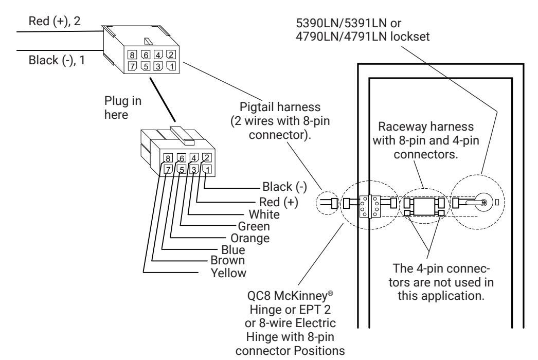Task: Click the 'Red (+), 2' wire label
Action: click(x=54, y=21)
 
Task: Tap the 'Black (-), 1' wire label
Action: click(x=57, y=60)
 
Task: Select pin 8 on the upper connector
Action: click(x=132, y=55)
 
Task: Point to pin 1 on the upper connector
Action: click(x=171, y=65)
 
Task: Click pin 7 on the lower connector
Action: click(x=168, y=170)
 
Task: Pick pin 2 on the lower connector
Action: click(x=207, y=157)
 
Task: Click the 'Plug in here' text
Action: click(x=123, y=108)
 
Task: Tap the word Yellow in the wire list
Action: click(x=228, y=273)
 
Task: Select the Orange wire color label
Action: click(x=250, y=238)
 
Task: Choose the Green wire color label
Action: click(x=254, y=226)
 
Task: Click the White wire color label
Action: click(x=264, y=214)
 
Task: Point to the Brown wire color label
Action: click(x=228, y=260)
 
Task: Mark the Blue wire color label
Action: click(x=234, y=250)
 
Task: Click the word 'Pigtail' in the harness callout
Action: click(x=256, y=107)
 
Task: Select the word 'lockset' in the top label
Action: click(x=410, y=37)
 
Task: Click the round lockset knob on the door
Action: click(x=483, y=203)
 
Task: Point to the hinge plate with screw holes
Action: click(x=369, y=206)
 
